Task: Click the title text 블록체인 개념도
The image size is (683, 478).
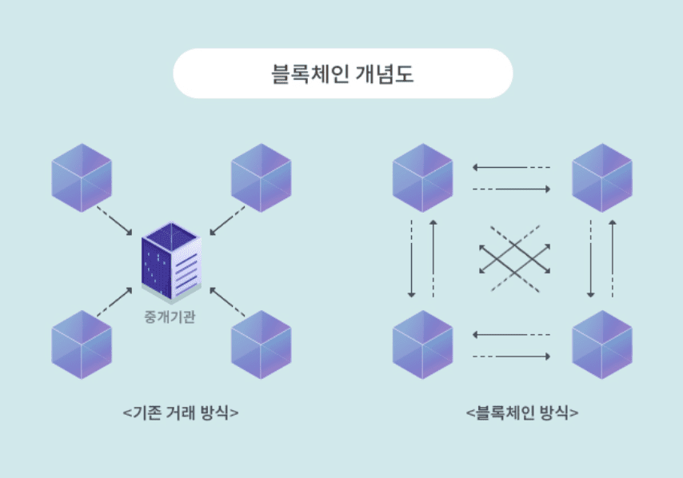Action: [342, 74]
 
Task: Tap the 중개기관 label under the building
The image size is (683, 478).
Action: [170, 317]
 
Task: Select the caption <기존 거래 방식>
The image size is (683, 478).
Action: [181, 412]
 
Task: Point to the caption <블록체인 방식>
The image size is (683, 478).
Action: [522, 412]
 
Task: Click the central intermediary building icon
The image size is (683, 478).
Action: [171, 262]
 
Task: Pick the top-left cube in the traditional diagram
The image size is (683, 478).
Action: [82, 177]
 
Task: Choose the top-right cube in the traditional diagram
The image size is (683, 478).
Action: [261, 177]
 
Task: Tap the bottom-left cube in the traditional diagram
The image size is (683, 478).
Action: [82, 345]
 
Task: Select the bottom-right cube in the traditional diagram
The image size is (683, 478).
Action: [261, 345]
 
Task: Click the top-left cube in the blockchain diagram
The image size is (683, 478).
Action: [422, 177]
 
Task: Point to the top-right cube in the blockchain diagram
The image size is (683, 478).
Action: [602, 177]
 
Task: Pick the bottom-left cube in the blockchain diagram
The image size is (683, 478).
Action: [422, 345]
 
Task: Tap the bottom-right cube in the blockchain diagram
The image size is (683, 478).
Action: [602, 345]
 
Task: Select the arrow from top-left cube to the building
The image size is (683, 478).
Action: [114, 221]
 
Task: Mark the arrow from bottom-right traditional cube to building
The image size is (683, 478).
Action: [227, 301]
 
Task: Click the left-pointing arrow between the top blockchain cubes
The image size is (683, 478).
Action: [511, 167]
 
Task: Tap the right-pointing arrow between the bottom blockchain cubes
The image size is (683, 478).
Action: [511, 357]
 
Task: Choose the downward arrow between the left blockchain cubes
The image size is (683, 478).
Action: [411, 259]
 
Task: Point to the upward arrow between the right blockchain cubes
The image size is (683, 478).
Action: [613, 259]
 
